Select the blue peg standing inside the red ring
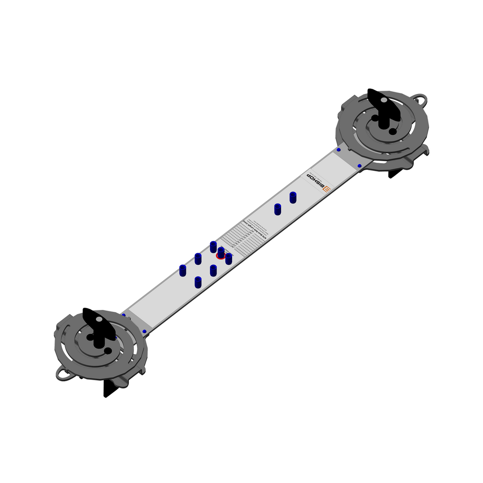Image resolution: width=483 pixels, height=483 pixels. (221, 253)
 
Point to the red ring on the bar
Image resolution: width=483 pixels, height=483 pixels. (220, 256)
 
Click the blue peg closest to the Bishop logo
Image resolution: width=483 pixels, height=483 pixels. (293, 197)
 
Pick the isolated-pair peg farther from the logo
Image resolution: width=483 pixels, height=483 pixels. (277, 209)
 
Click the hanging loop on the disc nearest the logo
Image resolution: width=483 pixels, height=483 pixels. (420, 100)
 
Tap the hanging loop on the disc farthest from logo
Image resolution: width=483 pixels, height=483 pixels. (63, 374)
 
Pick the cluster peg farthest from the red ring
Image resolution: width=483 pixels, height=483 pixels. (183, 270)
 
